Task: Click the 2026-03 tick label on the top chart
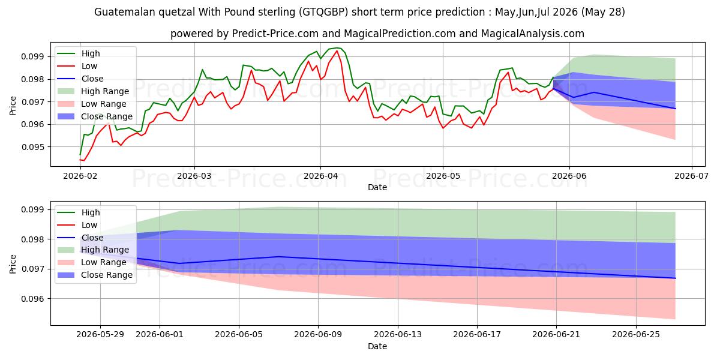pyautogui.click(x=194, y=176)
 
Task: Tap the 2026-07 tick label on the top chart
pyautogui.click(x=691, y=176)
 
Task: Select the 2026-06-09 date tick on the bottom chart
pyautogui.click(x=318, y=335)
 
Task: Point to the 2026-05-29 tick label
pyautogui.click(x=100, y=335)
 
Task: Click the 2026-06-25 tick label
pyautogui.click(x=636, y=335)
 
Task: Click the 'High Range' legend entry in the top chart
pyautogui.click(x=105, y=91)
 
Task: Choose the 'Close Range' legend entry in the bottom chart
pyautogui.click(x=107, y=275)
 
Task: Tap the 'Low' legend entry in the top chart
pyautogui.click(x=89, y=66)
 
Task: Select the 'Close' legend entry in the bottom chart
pyautogui.click(x=92, y=238)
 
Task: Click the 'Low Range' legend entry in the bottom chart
pyautogui.click(x=103, y=263)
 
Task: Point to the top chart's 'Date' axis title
pyautogui.click(x=377, y=187)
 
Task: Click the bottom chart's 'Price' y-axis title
pyautogui.click(x=13, y=264)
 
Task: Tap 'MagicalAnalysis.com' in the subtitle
pyautogui.click(x=533, y=34)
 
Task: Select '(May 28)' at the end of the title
pyautogui.click(x=603, y=12)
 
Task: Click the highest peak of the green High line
pyautogui.click(x=337, y=48)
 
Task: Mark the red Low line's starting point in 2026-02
pyautogui.click(x=80, y=160)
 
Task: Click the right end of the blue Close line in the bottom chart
pyautogui.click(x=676, y=278)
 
